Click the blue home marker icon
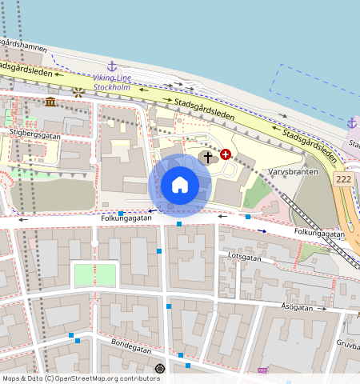tap(180, 185)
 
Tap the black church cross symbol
tap(208, 157)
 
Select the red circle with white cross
tap(226, 154)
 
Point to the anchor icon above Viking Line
tap(112, 66)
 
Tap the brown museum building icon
tap(51, 102)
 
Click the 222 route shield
tap(345, 180)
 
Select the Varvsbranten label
tap(293, 172)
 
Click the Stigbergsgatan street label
tap(35, 135)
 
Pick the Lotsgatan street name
tap(245, 258)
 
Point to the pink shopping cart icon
tap(262, 370)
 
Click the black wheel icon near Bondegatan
tap(160, 368)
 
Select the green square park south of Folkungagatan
tap(94, 275)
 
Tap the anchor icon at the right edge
tap(351, 122)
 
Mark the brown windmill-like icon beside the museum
tap(78, 93)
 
